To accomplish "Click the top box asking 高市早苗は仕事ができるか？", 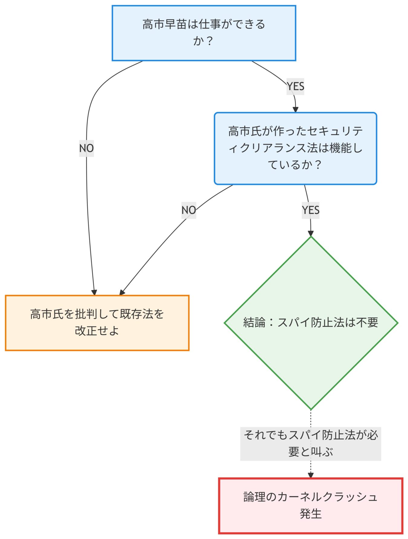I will click(204, 33).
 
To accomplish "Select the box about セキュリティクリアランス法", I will click(295, 148).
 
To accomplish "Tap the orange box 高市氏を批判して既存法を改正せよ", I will click(97, 323).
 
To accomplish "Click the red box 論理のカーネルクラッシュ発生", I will click(311, 505).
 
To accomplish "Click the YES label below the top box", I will click(295, 86).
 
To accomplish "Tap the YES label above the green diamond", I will click(310, 210).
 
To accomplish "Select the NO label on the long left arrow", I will click(86, 148).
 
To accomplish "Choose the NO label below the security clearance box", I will click(189, 210).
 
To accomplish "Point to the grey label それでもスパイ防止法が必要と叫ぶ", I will click(311, 443).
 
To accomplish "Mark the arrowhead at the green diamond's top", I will click(311, 233).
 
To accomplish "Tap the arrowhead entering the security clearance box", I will click(296, 110).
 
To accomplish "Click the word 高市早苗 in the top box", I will click(165, 24).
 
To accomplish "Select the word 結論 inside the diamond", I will click(254, 322).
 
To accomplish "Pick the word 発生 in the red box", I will click(311, 513).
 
